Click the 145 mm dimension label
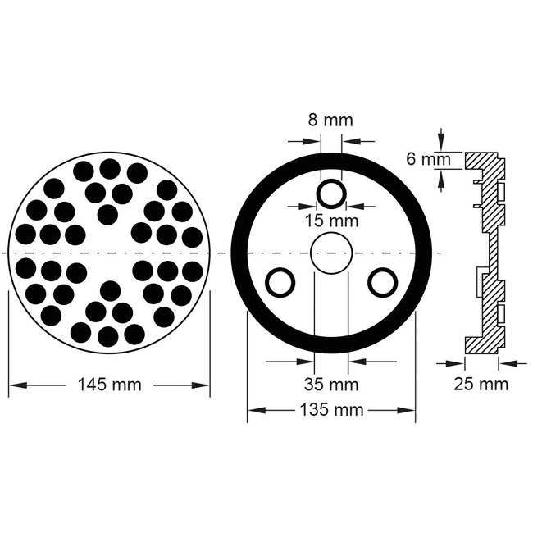coord(109,384)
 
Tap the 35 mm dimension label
coord(330,384)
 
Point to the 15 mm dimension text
coord(331,221)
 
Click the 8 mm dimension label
coord(330,121)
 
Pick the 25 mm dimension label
coord(481,384)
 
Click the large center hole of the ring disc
coord(330,253)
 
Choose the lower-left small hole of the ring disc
coord(280,282)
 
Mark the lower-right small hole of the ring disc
coord(381,282)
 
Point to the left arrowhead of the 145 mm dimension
coord(14,384)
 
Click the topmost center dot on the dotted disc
coord(109,169)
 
